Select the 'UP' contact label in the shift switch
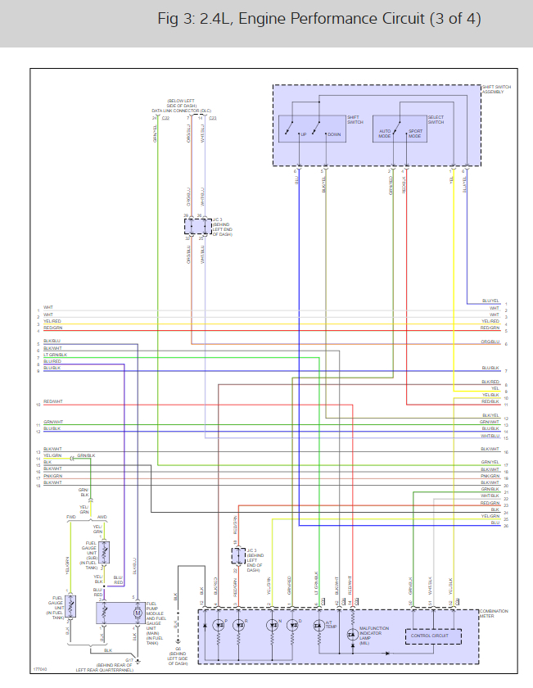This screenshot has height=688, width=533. click(x=303, y=134)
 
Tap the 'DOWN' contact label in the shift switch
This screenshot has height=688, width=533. click(x=334, y=134)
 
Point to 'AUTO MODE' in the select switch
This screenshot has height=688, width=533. click(x=386, y=134)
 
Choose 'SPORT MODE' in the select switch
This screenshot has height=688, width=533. click(x=415, y=134)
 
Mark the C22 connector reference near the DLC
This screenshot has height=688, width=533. click(x=165, y=119)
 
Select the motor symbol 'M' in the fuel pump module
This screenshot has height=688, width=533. click(x=138, y=612)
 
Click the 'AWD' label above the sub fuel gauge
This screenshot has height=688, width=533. click(x=102, y=518)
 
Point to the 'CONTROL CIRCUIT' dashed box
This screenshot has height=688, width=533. click(x=434, y=636)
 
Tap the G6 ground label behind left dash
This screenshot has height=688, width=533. click(x=177, y=656)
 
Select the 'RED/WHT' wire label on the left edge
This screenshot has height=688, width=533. click(x=52, y=402)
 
